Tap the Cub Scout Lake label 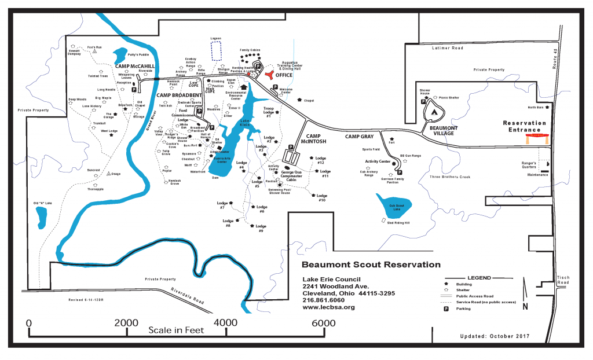tap(396, 206)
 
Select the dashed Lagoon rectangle tap(216, 51)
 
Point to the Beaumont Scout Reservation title tap(371, 265)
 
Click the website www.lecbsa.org tap(328, 307)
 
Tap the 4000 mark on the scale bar tap(225, 322)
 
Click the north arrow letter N tap(525, 306)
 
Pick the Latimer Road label tap(448, 49)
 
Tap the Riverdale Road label tap(187, 296)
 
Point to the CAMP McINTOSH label tap(313, 137)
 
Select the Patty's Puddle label tap(138, 54)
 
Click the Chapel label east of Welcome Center tap(308, 101)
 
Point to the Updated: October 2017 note tap(495, 337)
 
